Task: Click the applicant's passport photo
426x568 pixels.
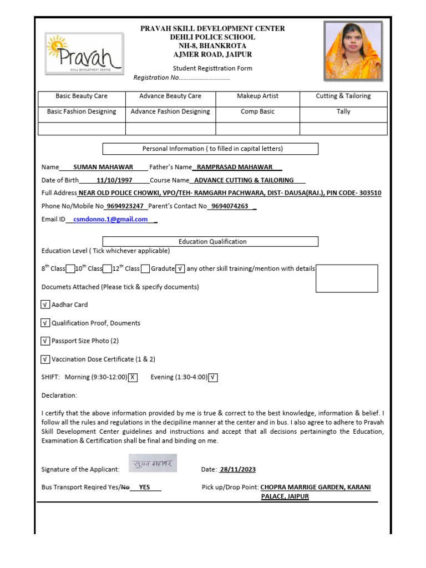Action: tap(353, 51)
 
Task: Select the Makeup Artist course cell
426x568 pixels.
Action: tap(257, 97)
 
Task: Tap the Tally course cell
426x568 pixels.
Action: tap(343, 112)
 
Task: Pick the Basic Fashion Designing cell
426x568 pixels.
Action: tap(82, 112)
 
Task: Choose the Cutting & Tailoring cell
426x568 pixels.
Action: tap(343, 97)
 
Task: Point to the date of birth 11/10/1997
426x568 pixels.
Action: tap(114, 180)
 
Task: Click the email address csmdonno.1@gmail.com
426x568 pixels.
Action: tap(110, 220)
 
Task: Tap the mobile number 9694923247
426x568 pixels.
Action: tap(125, 206)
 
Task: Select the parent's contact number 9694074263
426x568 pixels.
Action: tap(230, 206)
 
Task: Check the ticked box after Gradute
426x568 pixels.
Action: tap(180, 269)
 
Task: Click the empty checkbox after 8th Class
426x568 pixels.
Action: tap(70, 269)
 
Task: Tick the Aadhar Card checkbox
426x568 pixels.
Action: tap(45, 305)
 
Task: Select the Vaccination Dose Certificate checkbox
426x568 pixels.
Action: tap(45, 359)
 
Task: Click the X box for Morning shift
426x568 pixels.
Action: tap(133, 378)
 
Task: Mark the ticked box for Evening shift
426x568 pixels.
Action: tap(213, 378)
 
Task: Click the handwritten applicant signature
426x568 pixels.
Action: tap(153, 463)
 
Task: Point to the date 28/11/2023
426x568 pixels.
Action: tap(237, 470)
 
